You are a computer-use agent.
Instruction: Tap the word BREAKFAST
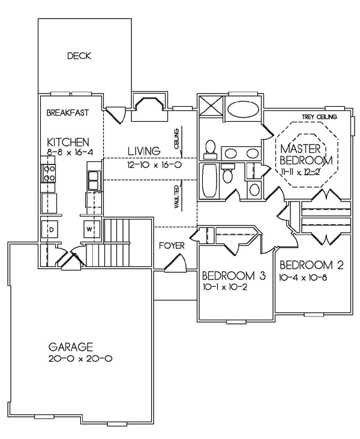pyautogui.click(x=68, y=113)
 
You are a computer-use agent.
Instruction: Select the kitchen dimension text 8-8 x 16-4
pyautogui.click(x=70, y=152)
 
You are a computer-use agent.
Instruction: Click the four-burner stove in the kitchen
pyautogui.click(x=49, y=173)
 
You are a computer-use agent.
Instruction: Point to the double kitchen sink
pyautogui.click(x=93, y=181)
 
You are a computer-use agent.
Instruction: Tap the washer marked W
pyautogui.click(x=89, y=229)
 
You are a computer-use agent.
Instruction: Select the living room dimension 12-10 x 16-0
pyautogui.click(x=154, y=164)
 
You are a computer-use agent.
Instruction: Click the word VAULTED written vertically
pyautogui.click(x=176, y=197)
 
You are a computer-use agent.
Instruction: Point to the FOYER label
pyautogui.click(x=172, y=246)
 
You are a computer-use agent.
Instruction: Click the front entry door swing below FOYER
pyautogui.click(x=176, y=263)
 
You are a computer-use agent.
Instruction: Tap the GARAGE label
pyautogui.click(x=71, y=347)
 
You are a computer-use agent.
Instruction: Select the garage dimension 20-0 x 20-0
pyautogui.click(x=80, y=359)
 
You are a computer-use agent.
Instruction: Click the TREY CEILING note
pyautogui.click(x=319, y=117)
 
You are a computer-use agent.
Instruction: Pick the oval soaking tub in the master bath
pyautogui.click(x=242, y=110)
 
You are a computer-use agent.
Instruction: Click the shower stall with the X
pyautogui.click(x=211, y=106)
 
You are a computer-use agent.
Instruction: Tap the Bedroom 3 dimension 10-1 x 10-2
pyautogui.click(x=224, y=287)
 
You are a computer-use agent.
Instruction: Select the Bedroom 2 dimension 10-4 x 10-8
pyautogui.click(x=303, y=278)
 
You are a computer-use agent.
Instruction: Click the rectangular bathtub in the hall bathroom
pyautogui.click(x=209, y=181)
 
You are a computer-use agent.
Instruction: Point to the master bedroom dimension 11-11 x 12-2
pyautogui.click(x=300, y=173)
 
